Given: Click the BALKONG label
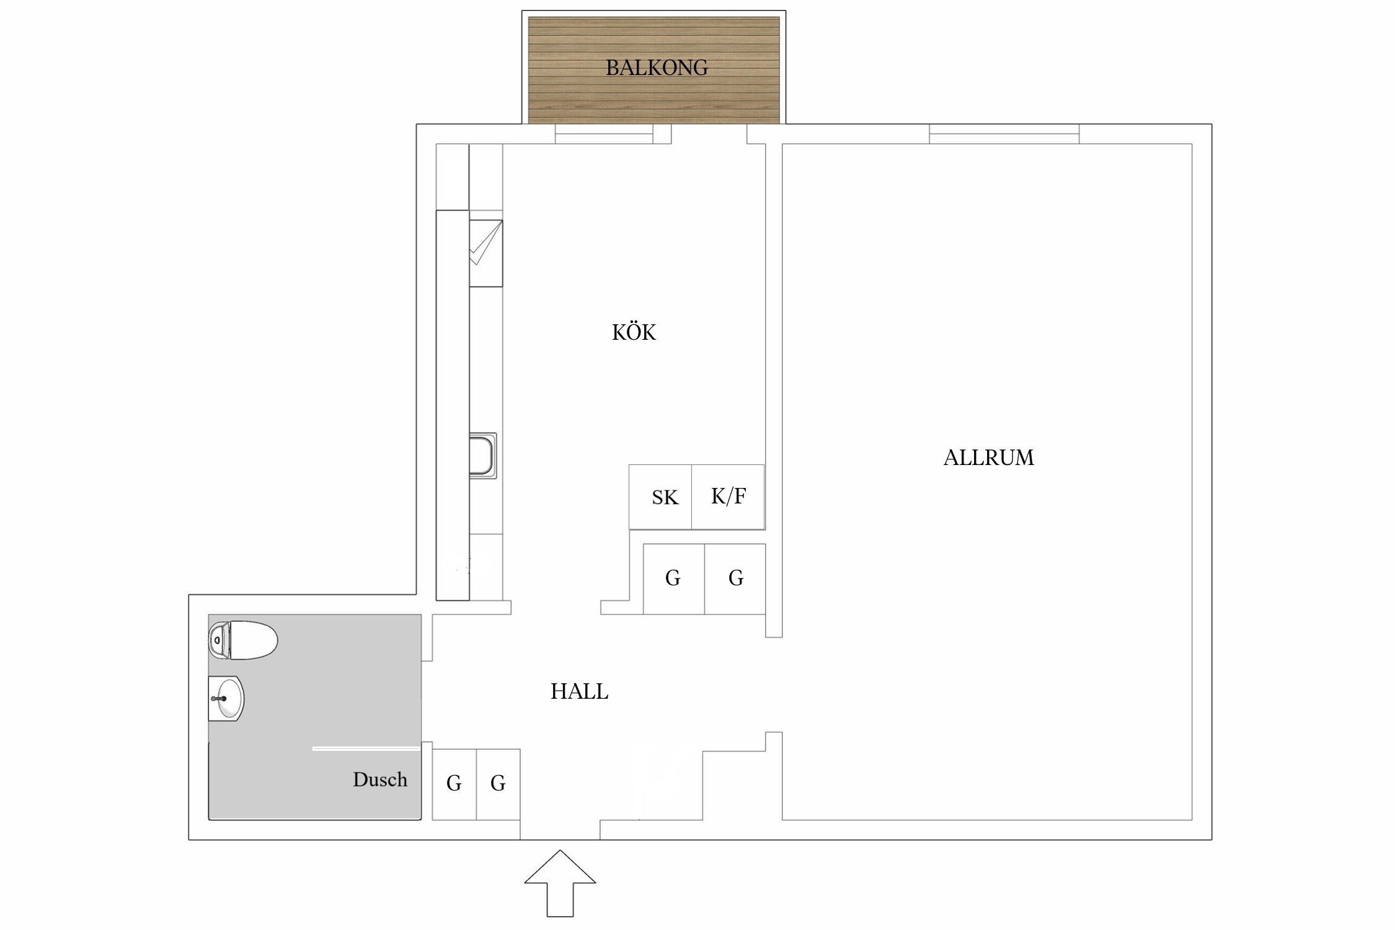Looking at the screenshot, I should (657, 68).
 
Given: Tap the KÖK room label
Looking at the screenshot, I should (634, 333).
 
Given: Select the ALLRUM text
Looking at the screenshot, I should (988, 458).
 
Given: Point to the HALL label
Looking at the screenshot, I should (579, 691).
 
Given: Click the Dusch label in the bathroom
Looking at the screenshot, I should (380, 779).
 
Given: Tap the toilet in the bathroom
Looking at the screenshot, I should (243, 640).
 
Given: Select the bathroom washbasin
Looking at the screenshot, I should (226, 699).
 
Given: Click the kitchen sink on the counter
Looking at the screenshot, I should (483, 456).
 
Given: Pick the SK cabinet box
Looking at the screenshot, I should (660, 497).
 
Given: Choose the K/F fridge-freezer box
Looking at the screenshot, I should (728, 497).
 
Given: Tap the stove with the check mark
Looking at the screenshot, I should (485, 253).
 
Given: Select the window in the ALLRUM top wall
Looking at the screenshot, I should (1004, 134).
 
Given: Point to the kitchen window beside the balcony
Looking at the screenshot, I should (604, 134).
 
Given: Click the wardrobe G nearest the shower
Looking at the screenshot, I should (454, 784).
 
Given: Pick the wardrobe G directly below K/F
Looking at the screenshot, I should (735, 578).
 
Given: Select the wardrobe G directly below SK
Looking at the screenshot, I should (673, 578).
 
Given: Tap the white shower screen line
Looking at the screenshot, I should (366, 749).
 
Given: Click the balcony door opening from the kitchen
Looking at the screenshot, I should (709, 134).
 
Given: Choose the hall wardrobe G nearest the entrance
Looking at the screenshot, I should (498, 784).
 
